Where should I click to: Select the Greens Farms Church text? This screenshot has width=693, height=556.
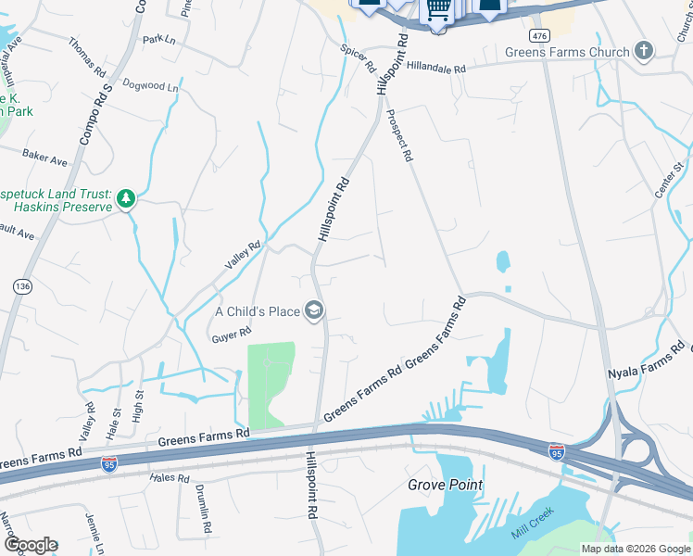[567, 53]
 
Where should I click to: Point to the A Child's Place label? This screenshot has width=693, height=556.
[258, 311]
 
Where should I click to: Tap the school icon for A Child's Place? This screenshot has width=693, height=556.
[315, 310]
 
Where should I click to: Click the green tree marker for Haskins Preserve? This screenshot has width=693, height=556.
[125, 198]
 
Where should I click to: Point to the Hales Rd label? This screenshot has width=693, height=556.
[170, 478]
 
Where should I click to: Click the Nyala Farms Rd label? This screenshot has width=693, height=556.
[645, 365]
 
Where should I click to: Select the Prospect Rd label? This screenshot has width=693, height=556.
[398, 135]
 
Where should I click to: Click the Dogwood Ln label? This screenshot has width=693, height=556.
[149, 85]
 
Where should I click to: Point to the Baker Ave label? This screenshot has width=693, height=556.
[45, 159]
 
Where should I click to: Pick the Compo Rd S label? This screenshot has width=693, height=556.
[94, 114]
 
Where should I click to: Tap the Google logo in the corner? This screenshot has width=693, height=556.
[31, 545]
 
